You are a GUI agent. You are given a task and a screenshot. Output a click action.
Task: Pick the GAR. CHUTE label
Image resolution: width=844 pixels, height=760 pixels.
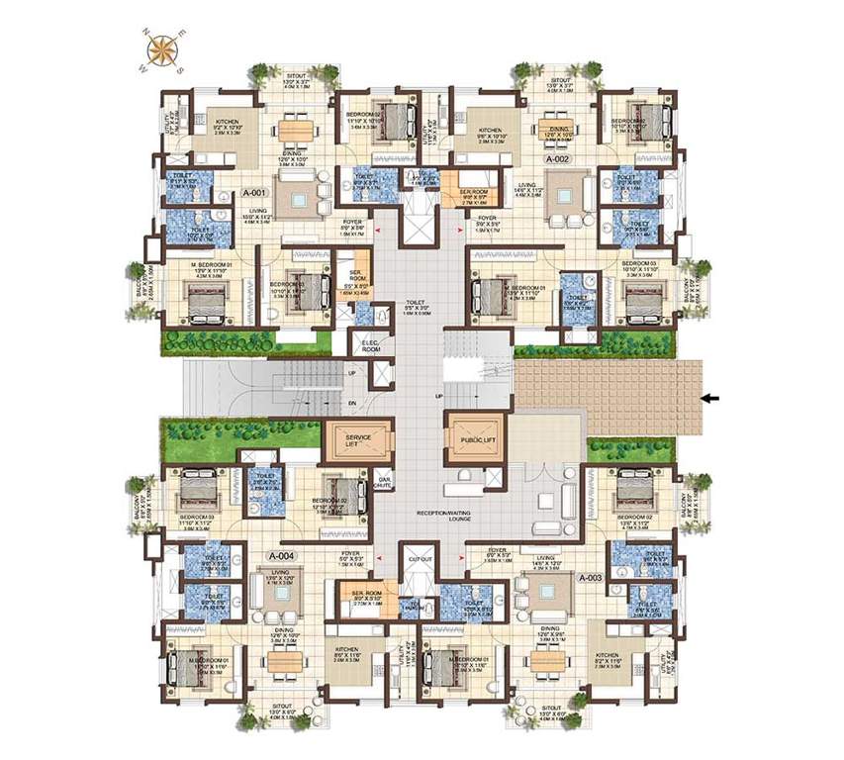pyautogui.click(x=385, y=484)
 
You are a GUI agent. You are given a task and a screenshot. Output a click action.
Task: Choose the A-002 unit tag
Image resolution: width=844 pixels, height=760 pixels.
pyautogui.click(x=557, y=158)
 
